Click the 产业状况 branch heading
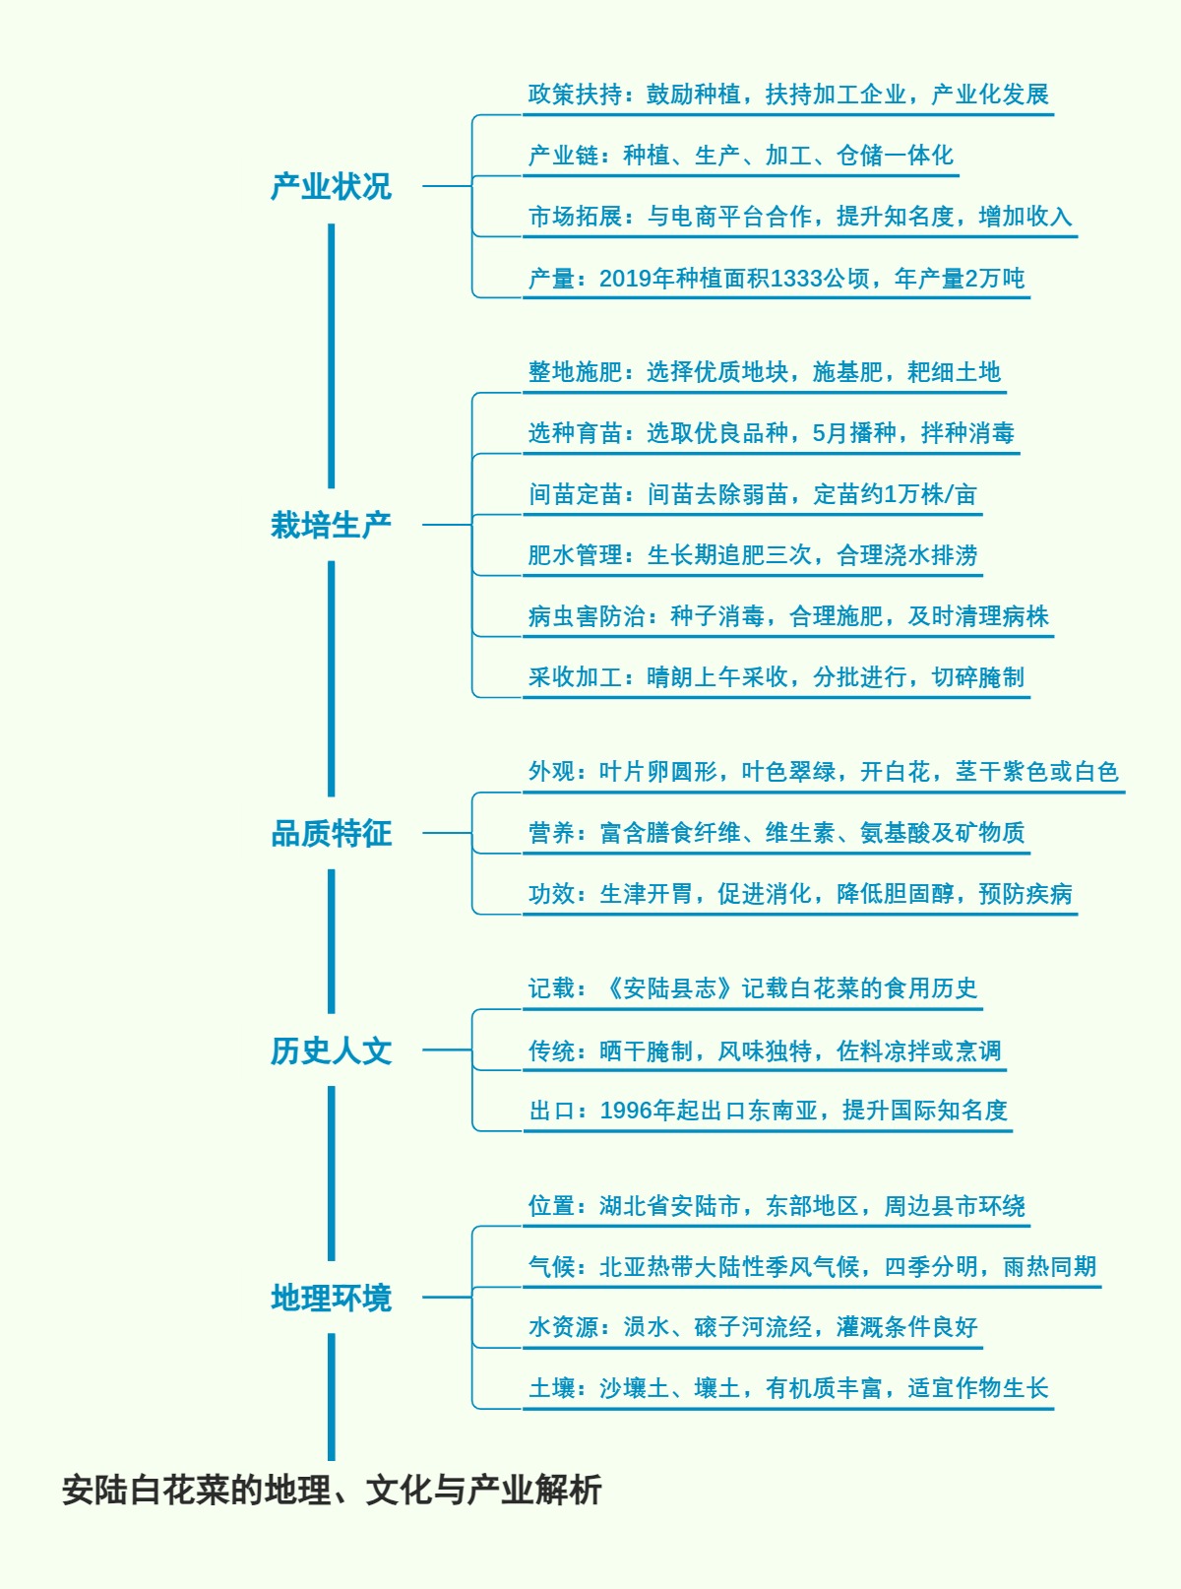tap(331, 186)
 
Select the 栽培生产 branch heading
tap(331, 525)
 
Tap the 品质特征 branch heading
tap(331, 833)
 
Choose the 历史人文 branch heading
tap(331, 1050)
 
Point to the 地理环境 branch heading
tap(331, 1298)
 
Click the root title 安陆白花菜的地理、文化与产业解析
tap(331, 1490)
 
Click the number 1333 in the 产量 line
tap(795, 279)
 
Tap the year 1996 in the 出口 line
tap(625, 1111)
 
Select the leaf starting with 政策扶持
tap(787, 95)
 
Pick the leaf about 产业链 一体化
tap(740, 156)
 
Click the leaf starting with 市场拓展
tap(799, 217)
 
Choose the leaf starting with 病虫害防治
tap(787, 616)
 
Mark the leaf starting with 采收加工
tap(776, 677)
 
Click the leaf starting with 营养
tap(776, 833)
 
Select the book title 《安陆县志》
tap(669, 988)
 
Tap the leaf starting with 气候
tap(811, 1267)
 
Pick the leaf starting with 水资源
tap(752, 1327)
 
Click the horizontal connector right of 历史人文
tap(447, 1049)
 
